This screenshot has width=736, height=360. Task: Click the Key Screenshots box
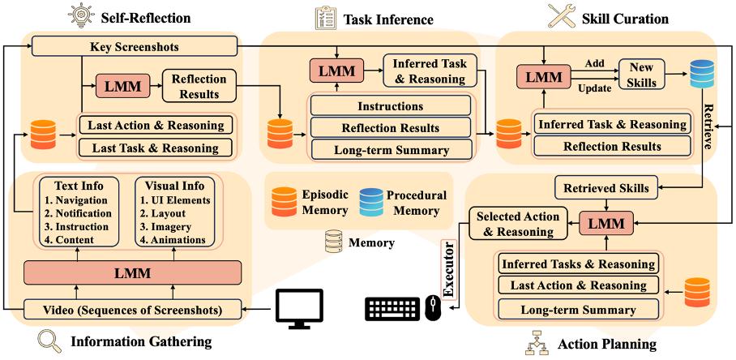[135, 47]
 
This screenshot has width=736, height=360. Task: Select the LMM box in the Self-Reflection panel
[122, 86]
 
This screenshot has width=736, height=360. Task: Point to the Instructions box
[391, 105]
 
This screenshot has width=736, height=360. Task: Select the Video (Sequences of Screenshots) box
[132, 311]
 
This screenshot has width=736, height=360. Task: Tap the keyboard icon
[392, 309]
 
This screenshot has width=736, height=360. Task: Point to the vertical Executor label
[450, 270]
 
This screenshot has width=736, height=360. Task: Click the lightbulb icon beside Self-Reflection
[79, 17]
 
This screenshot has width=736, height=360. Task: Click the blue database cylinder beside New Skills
[702, 74]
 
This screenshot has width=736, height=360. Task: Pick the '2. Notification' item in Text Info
[79, 213]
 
